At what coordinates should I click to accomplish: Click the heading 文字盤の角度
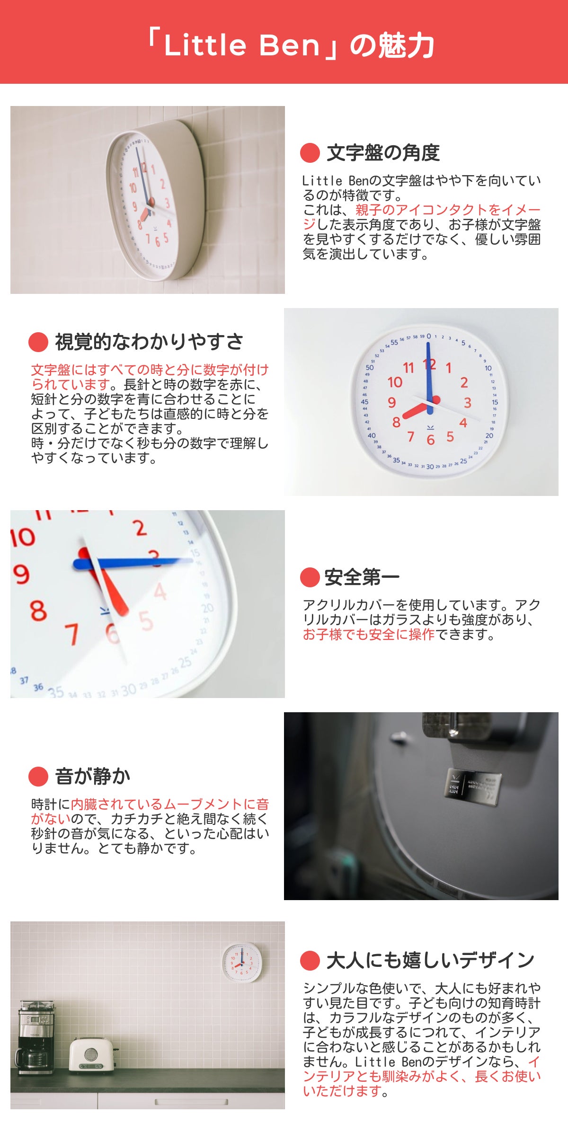pyautogui.click(x=383, y=152)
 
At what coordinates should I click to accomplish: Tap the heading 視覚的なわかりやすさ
pyautogui.click(x=149, y=342)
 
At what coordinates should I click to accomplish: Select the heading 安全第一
pyautogui.click(x=362, y=577)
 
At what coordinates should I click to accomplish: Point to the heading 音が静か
pyautogui.click(x=93, y=776)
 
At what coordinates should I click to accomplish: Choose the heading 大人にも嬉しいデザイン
pyautogui.click(x=430, y=960)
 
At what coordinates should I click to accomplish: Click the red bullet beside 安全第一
pyautogui.click(x=310, y=577)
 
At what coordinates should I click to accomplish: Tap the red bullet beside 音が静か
pyautogui.click(x=38, y=777)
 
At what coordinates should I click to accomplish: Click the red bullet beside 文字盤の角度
pyautogui.click(x=310, y=152)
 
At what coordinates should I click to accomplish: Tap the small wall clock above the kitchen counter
pyautogui.click(x=242, y=962)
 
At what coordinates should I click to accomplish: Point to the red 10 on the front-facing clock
pyautogui.click(x=395, y=382)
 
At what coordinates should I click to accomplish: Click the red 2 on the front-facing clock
pyautogui.click(x=464, y=382)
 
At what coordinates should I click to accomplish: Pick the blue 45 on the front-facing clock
pyautogui.click(x=364, y=402)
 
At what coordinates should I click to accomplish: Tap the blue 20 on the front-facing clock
pyautogui.click(x=489, y=435)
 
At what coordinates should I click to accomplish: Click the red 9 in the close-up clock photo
pyautogui.click(x=21, y=574)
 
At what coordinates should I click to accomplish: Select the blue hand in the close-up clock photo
pyautogui.click(x=133, y=563)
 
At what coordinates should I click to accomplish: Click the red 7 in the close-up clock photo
pyautogui.click(x=71, y=634)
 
